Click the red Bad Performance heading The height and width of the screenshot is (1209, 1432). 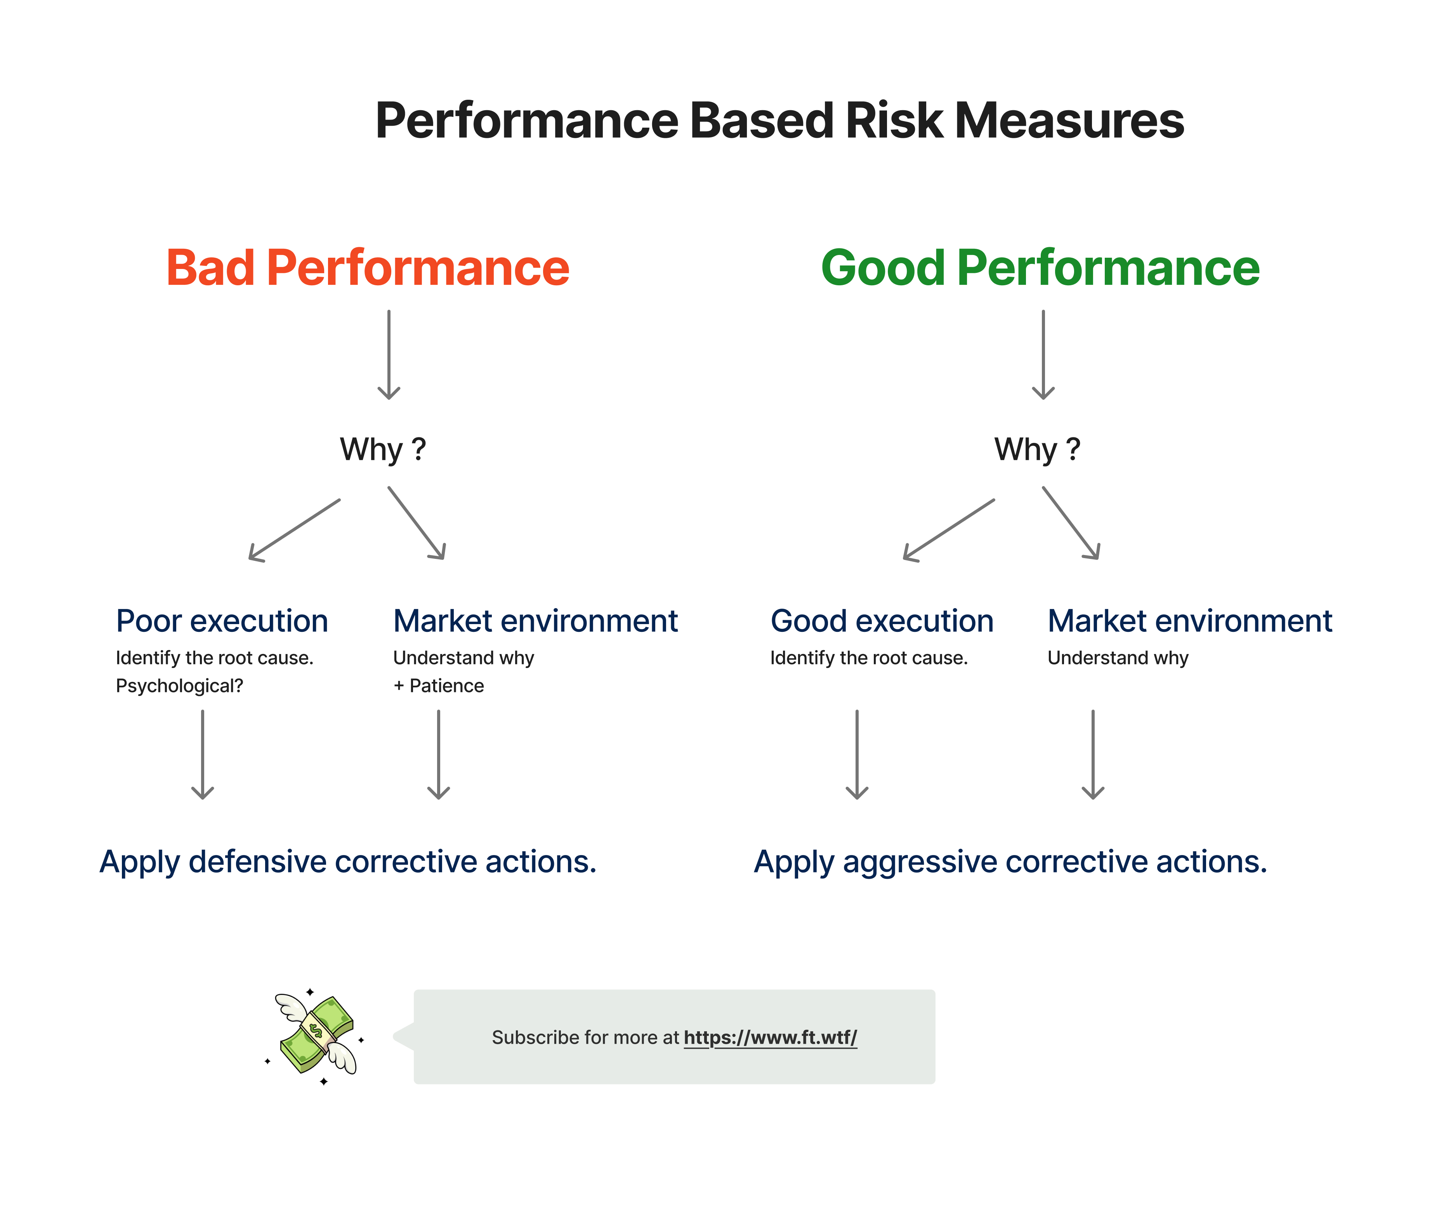tap(368, 267)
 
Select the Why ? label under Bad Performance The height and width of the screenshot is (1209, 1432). tap(382, 449)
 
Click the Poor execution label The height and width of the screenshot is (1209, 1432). tap(221, 621)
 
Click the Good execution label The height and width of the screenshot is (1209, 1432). tap(882, 621)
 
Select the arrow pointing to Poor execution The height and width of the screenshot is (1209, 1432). tap(294, 530)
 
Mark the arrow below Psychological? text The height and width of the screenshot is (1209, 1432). tap(202, 754)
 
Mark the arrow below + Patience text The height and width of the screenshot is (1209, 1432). tap(438, 754)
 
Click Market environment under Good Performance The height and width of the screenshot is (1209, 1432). tap(1189, 621)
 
